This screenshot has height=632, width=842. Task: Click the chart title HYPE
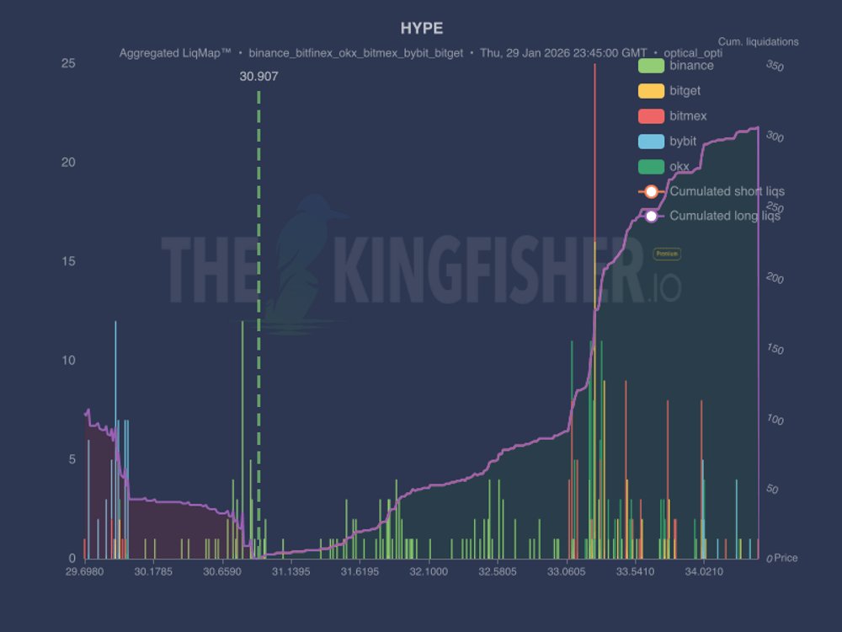[x=421, y=29]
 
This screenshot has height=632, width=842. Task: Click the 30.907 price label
[x=258, y=76]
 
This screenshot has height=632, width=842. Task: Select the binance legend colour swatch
[x=651, y=66]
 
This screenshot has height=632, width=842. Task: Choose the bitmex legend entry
[x=688, y=115]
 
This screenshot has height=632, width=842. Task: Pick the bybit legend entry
[x=683, y=141]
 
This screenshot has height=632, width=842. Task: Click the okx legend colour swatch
[x=651, y=166]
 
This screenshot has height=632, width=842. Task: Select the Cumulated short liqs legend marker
[x=651, y=191]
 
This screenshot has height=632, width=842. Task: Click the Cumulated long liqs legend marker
[x=651, y=216]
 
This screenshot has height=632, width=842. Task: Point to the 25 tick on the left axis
[x=70, y=63]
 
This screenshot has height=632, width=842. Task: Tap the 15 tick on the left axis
[x=70, y=261]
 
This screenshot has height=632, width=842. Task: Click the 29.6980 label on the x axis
[x=85, y=571]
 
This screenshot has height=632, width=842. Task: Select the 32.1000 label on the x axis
[x=429, y=571]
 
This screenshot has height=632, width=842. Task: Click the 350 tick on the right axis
[x=774, y=66]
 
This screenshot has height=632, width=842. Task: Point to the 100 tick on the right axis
[x=774, y=420]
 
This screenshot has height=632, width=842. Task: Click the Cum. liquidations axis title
[x=758, y=41]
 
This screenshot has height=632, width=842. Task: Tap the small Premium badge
[x=667, y=254]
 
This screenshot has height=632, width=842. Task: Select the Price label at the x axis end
[x=786, y=558]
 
